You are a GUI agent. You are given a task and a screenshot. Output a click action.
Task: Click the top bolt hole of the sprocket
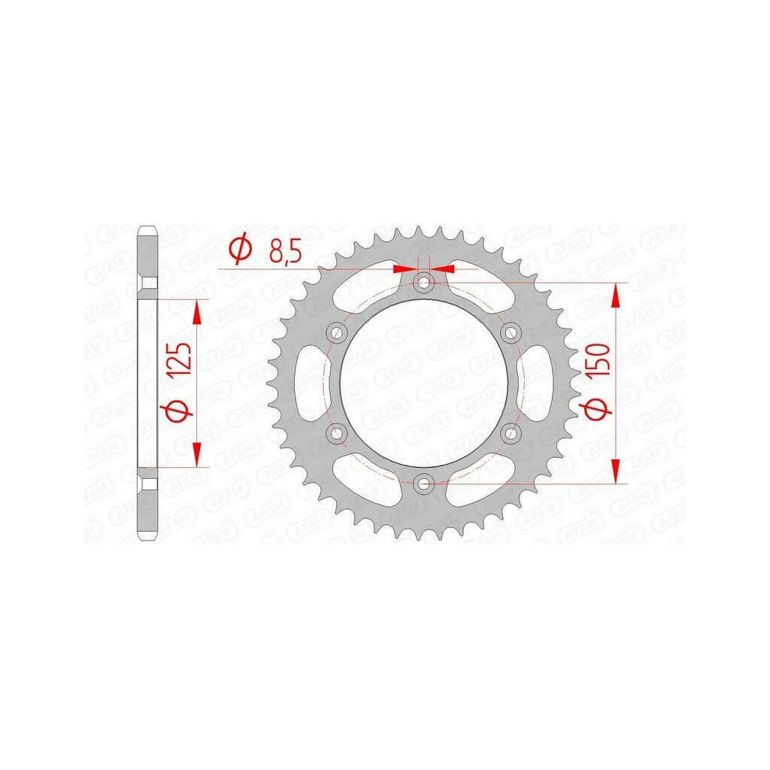click(423, 283)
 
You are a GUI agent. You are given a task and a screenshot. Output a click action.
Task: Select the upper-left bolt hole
click(336, 333)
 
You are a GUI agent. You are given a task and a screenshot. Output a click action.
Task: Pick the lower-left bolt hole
click(336, 434)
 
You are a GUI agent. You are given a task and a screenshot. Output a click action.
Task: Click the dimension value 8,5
click(285, 251)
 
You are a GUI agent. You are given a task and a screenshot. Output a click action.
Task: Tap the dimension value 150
click(598, 360)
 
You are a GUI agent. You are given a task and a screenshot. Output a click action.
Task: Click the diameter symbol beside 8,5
click(240, 250)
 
